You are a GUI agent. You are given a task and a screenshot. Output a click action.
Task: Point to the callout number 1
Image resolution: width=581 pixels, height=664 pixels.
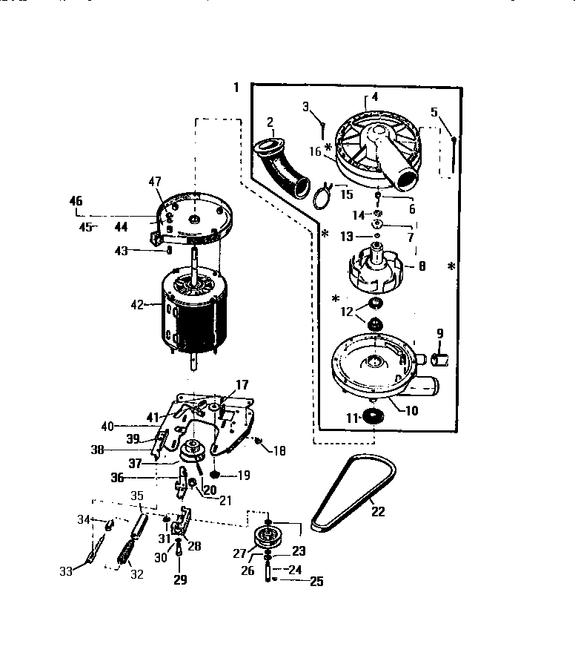[x=236, y=88]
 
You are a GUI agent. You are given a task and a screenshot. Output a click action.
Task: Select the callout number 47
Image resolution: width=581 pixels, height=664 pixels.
[x=154, y=181]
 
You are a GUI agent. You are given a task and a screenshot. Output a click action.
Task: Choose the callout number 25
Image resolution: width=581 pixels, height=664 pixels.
[x=316, y=582]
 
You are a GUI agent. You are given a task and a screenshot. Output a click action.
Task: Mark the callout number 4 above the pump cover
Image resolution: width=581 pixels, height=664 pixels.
[x=374, y=97]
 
